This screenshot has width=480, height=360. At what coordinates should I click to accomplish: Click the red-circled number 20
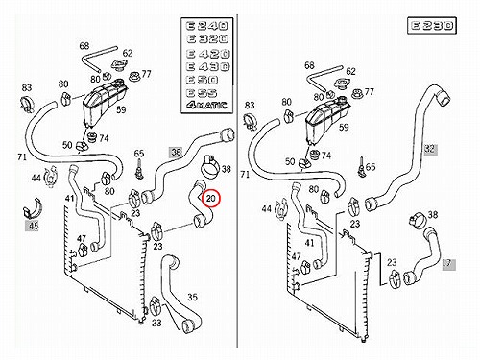(x=211, y=199)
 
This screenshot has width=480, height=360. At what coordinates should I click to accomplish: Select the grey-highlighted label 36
(x=176, y=152)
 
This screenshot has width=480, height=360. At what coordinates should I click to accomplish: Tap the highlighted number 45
(x=34, y=226)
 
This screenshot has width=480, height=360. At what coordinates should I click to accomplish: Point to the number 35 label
(x=192, y=297)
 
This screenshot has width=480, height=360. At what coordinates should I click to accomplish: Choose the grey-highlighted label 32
(x=430, y=149)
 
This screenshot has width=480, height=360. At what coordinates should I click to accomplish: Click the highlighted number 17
(x=447, y=263)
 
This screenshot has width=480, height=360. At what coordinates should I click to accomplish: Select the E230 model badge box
(x=432, y=26)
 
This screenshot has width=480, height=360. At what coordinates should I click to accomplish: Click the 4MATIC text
(x=206, y=105)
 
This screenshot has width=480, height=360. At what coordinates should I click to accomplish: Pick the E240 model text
(x=207, y=26)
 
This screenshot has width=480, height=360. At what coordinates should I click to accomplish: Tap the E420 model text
(x=207, y=53)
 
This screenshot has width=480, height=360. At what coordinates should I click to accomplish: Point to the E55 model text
(x=202, y=93)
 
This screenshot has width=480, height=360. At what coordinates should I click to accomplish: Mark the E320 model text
(x=207, y=39)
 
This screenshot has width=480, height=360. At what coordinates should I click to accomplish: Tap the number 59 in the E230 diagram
(x=344, y=127)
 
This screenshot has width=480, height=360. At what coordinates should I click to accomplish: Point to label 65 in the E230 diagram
(x=370, y=167)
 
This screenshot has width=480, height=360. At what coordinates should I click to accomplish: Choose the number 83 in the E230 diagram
(x=250, y=105)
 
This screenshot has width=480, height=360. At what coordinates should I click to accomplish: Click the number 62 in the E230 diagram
(x=350, y=71)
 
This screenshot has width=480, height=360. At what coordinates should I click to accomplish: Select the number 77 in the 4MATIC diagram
(x=146, y=74)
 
